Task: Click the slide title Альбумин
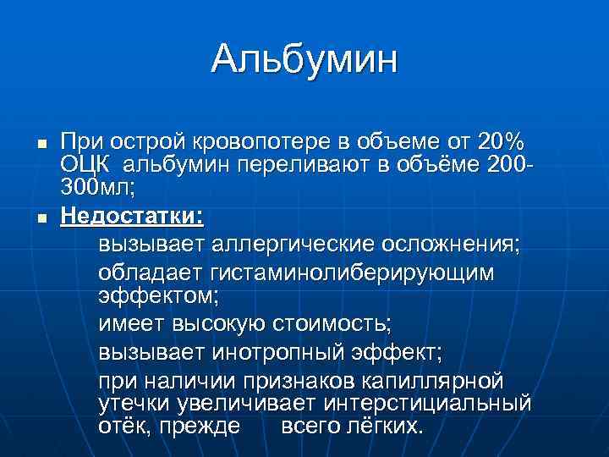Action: [x=304, y=60]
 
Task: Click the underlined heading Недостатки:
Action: [x=132, y=216]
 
